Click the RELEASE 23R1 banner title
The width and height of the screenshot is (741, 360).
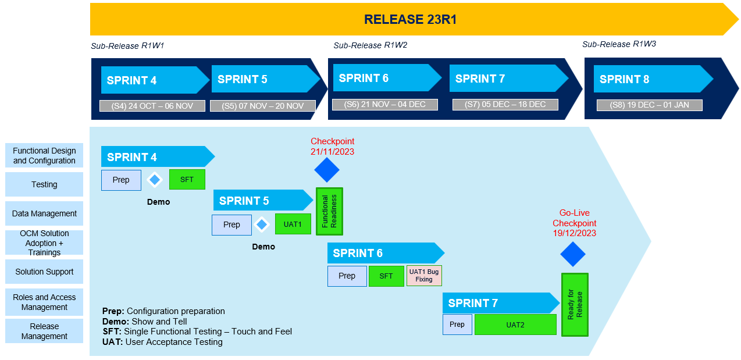410,20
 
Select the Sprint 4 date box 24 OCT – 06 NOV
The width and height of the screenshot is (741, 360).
152,106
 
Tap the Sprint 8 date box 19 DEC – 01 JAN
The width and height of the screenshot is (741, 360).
649,105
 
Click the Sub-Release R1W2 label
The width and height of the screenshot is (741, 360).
370,45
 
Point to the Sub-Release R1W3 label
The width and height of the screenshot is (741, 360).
619,44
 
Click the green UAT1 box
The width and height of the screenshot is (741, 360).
293,224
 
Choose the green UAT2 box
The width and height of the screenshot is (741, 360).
515,325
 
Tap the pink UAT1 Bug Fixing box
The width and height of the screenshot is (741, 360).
424,276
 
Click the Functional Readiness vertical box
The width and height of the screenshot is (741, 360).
329,211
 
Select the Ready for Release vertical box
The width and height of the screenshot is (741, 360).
575,304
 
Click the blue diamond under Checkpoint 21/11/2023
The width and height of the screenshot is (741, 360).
327,170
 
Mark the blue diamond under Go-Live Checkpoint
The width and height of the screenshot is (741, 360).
573,254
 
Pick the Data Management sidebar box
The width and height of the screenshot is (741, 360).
44,213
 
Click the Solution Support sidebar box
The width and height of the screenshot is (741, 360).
44,272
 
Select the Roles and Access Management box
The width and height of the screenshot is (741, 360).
44,302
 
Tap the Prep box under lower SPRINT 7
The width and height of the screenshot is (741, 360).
457,325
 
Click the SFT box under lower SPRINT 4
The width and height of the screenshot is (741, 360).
187,180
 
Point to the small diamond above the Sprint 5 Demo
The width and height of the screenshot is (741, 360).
262,224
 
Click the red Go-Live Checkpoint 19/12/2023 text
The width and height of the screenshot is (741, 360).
574,223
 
